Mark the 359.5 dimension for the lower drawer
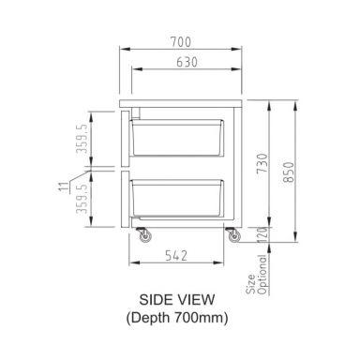click(82, 201)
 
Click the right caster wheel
click(230, 238)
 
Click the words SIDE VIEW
click(178, 299)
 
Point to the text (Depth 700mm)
click(178, 317)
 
